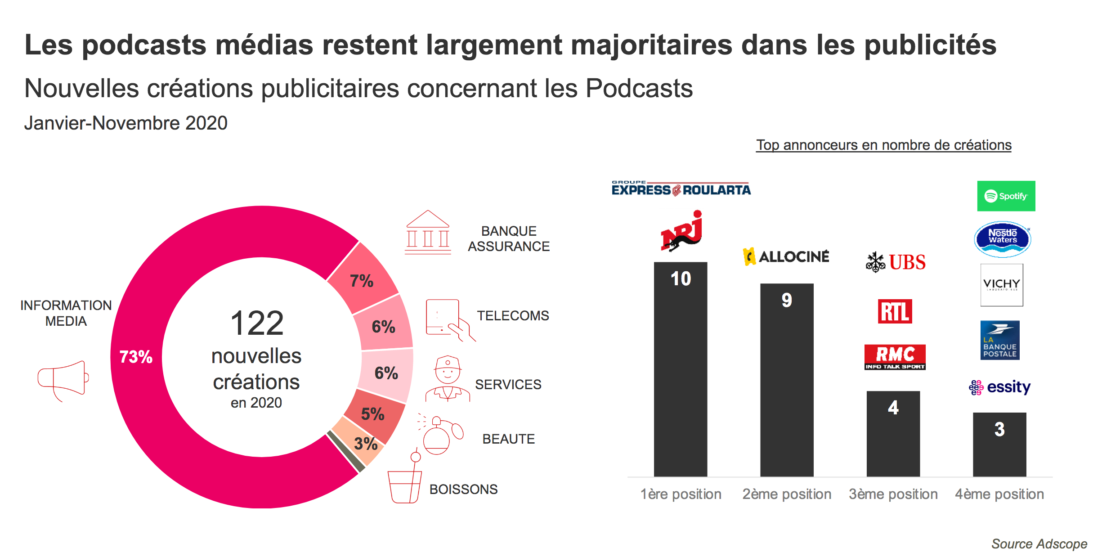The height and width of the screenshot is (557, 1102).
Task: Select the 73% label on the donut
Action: (x=136, y=357)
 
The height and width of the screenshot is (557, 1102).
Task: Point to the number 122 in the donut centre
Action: (x=257, y=323)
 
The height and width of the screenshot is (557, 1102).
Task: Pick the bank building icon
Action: (x=428, y=233)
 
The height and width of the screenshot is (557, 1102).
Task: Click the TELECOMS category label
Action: (x=513, y=315)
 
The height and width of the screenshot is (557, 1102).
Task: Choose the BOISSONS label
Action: (x=463, y=489)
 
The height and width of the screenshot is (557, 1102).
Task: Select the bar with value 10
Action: (x=680, y=369)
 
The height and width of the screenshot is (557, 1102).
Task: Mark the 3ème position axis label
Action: (x=893, y=494)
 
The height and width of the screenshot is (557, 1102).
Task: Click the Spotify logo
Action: (x=1006, y=196)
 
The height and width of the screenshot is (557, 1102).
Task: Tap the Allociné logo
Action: (x=786, y=256)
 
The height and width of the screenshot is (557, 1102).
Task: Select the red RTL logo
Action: (x=895, y=311)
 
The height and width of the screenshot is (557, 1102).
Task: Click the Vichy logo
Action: (x=1001, y=285)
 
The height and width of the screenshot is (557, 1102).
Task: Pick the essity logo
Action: (x=999, y=387)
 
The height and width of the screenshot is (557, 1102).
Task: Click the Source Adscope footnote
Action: (x=1039, y=544)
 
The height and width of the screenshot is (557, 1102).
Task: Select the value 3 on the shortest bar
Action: (x=999, y=429)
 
